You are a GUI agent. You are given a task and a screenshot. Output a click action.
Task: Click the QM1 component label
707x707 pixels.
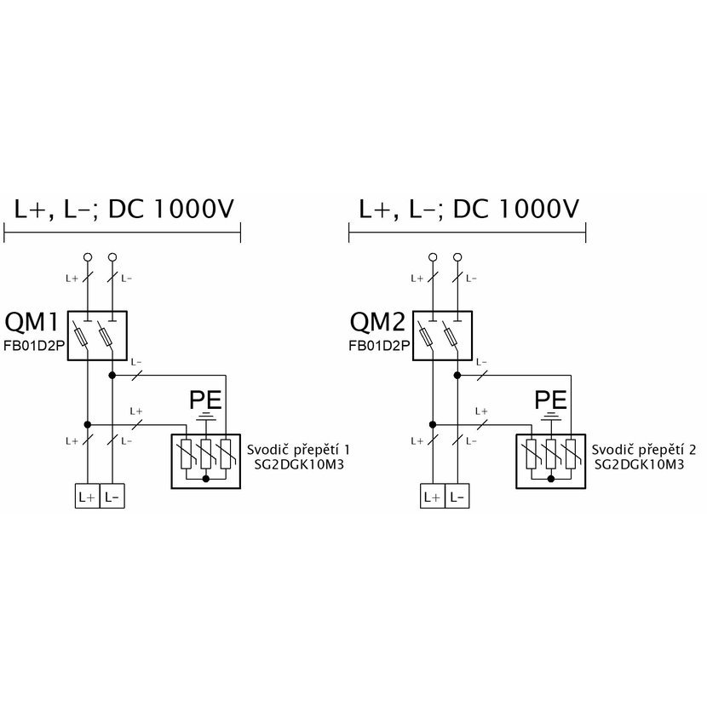pos(32,322)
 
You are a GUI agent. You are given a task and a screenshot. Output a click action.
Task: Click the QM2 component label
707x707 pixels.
pos(377,322)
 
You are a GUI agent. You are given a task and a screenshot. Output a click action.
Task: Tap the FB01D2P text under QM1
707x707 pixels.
pos(34,346)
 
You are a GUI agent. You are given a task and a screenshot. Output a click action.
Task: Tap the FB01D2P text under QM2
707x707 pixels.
pos(379,346)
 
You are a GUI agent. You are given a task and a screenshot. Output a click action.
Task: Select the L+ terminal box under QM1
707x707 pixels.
pos(87,496)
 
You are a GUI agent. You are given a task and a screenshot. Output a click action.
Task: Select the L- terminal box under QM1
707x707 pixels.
pos(112,496)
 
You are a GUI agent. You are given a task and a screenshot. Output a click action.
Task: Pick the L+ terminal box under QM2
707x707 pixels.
pos(433,496)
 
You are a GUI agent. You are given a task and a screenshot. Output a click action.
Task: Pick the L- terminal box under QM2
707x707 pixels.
pos(457,496)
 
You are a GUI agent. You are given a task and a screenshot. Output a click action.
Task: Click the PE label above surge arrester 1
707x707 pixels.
pos(205,400)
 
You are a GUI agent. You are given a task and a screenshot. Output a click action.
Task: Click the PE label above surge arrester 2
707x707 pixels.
pos(550,400)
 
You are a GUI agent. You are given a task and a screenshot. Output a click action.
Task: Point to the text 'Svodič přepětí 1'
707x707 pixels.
pos(298,450)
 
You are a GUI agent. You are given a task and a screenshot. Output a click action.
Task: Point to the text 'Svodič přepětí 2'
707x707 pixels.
pos(644,450)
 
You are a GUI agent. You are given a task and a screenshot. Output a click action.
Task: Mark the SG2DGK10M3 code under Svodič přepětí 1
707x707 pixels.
pos(299,465)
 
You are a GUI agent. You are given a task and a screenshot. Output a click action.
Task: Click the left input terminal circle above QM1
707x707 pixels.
pos(88,257)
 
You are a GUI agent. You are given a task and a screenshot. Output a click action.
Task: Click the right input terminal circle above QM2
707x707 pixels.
pos(457,257)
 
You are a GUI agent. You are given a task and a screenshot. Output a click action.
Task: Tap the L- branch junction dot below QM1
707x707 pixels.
pos(112,375)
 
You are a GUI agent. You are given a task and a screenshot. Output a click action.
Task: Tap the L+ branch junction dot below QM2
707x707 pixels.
pos(433,425)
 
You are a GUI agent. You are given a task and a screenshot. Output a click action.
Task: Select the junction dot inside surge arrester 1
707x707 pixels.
pos(205,479)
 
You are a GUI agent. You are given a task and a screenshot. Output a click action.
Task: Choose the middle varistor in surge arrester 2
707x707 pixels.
pos(550,454)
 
